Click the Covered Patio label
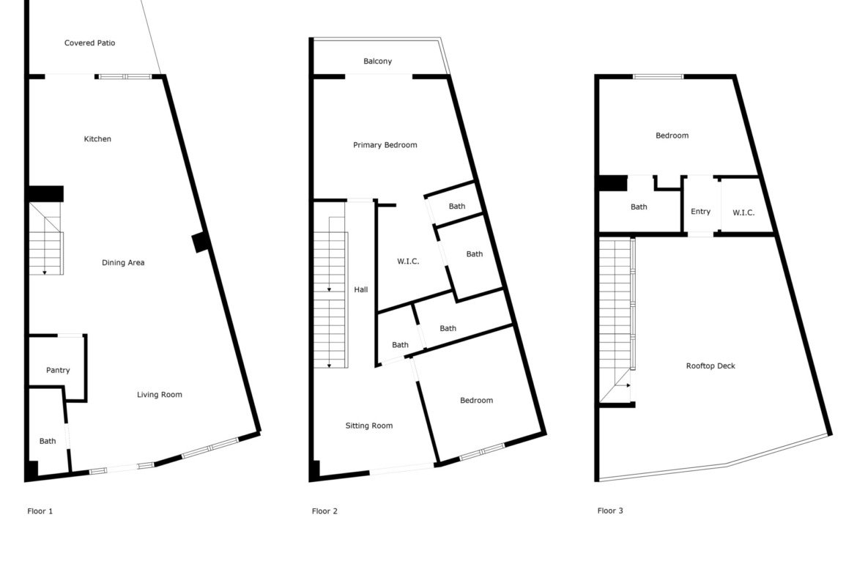pyautogui.click(x=89, y=42)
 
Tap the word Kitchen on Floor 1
pyautogui.click(x=97, y=139)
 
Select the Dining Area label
pyautogui.click(x=123, y=262)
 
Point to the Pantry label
pyautogui.click(x=58, y=370)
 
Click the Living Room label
pyautogui.click(x=159, y=395)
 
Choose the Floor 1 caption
pyautogui.click(x=40, y=511)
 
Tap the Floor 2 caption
pyautogui.click(x=324, y=511)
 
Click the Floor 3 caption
pyautogui.click(x=610, y=511)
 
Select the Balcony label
pyautogui.click(x=378, y=62)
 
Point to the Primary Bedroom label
pyautogui.click(x=385, y=145)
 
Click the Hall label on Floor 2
pyautogui.click(x=360, y=289)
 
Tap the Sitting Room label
pyautogui.click(x=369, y=426)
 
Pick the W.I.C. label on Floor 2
pyautogui.click(x=408, y=261)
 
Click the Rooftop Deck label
pyautogui.click(x=711, y=366)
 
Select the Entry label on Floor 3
pyautogui.click(x=701, y=212)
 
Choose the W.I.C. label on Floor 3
pyautogui.click(x=743, y=212)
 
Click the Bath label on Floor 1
pyautogui.click(x=48, y=441)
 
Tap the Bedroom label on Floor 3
pyautogui.click(x=672, y=136)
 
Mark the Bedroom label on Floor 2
pyautogui.click(x=476, y=400)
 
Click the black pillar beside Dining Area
pyautogui.click(x=200, y=242)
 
